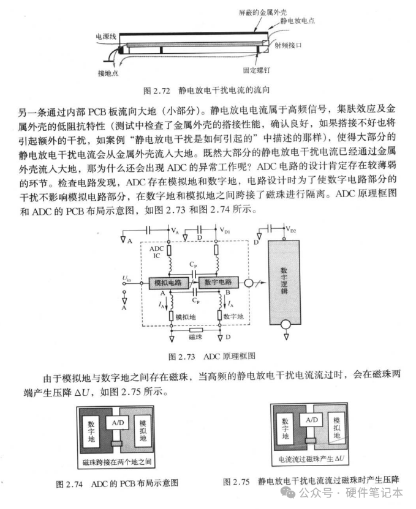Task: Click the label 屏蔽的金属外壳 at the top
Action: click(x=263, y=13)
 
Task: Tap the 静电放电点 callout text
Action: click(x=297, y=21)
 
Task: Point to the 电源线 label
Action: click(x=106, y=36)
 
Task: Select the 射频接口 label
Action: click(x=287, y=45)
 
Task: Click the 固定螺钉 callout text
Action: click(x=257, y=70)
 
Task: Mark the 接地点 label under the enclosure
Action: click(x=108, y=73)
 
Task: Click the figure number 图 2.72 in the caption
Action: click(x=157, y=91)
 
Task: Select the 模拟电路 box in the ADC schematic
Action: click(x=168, y=283)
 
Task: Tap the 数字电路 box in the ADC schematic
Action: click(x=218, y=282)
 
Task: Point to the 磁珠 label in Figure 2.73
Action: click(x=195, y=337)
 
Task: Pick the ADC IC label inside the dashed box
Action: click(x=156, y=252)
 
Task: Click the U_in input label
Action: click(x=126, y=278)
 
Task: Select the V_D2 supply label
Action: click(x=291, y=229)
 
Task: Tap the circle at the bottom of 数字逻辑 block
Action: click(x=286, y=324)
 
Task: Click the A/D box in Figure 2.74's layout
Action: click(x=118, y=423)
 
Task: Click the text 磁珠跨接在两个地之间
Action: click(x=116, y=462)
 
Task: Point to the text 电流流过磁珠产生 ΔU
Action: click(x=311, y=459)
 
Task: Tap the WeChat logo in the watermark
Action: click(x=288, y=492)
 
